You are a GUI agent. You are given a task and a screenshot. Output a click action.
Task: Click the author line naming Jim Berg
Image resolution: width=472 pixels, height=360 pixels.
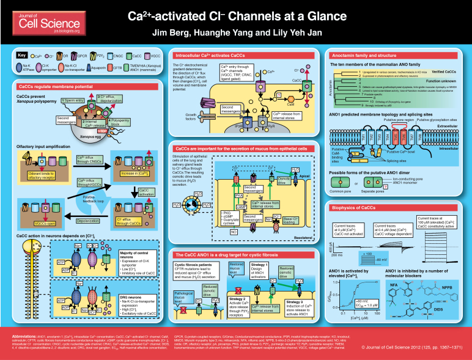[x=236, y=32]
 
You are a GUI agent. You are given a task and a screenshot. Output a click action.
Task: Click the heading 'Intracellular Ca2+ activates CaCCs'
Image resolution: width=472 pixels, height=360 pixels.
[x=205, y=56]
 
